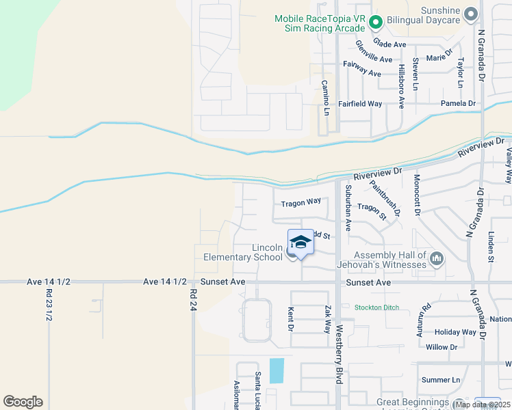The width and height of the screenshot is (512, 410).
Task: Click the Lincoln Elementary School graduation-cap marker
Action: point(300,243)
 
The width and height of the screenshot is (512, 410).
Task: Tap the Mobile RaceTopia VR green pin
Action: point(375,23)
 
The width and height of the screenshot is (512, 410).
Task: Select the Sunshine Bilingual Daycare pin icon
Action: point(470,13)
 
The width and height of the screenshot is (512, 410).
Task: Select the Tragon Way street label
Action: point(300,202)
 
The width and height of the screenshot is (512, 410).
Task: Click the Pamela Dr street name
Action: point(459,104)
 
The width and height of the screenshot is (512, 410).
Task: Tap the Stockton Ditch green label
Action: point(376,307)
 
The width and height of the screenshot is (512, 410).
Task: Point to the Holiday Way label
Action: point(455,332)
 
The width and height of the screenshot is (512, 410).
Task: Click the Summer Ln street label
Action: point(441,380)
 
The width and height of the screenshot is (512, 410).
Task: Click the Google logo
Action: point(23,402)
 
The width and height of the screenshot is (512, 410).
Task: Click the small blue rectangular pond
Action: point(277,371)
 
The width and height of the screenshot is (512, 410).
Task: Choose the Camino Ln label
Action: point(326,97)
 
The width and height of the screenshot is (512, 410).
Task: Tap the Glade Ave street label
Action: point(390,44)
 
